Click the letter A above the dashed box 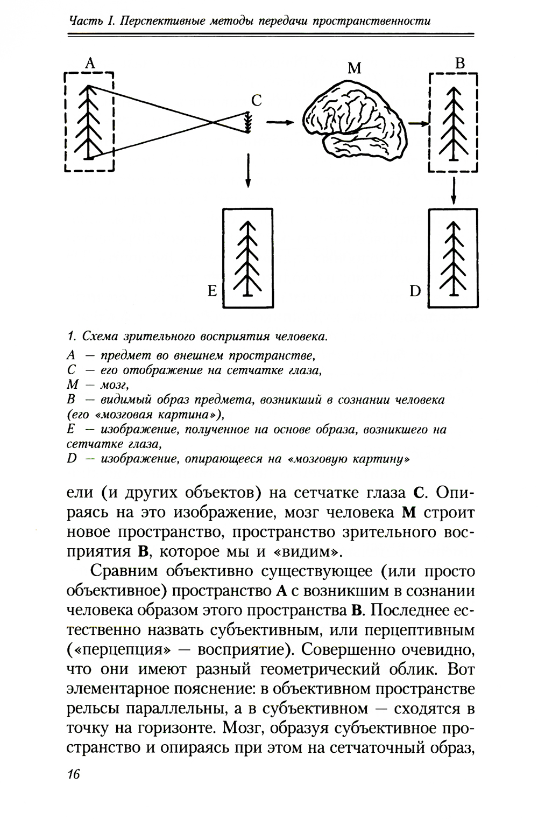pyautogui.click(x=90, y=63)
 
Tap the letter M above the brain pyautogui.click(x=355, y=68)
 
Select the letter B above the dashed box pyautogui.click(x=460, y=63)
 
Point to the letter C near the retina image pyautogui.click(x=257, y=100)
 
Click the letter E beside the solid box pyautogui.click(x=212, y=291)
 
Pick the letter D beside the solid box pyautogui.click(x=415, y=291)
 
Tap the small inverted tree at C pyautogui.click(x=249, y=122)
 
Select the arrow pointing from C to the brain pyautogui.click(x=280, y=122)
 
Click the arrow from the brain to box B pyautogui.click(x=419, y=124)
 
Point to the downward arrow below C pyautogui.click(x=249, y=170)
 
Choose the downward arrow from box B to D pyautogui.click(x=453, y=190)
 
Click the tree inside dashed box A pyautogui.click(x=88, y=122)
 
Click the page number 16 pyautogui.click(x=73, y=773)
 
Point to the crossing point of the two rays pyautogui.click(x=213, y=122)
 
